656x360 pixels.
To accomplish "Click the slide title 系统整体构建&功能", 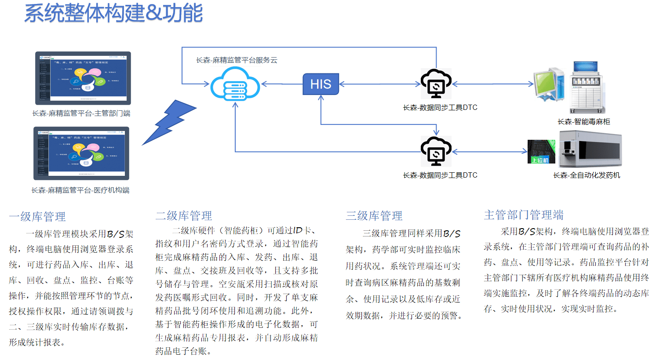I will click(x=113, y=13).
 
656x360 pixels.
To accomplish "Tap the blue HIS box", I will click(x=321, y=84).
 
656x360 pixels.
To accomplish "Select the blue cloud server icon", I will click(x=235, y=85).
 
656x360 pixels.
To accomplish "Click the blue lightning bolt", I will click(x=169, y=122).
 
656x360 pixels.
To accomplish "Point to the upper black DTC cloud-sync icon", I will click(x=435, y=83).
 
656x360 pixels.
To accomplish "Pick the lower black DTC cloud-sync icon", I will click(x=435, y=151).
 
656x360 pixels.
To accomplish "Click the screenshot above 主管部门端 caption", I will click(x=83, y=78).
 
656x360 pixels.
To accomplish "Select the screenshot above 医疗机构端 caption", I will click(x=81, y=153).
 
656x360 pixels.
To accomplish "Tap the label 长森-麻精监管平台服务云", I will click(x=237, y=60).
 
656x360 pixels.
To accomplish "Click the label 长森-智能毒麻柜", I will click(x=583, y=122).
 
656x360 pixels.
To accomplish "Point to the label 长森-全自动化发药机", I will click(x=587, y=175).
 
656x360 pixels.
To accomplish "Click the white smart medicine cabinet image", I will click(x=586, y=88).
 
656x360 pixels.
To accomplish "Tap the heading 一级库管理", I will click(x=37, y=217).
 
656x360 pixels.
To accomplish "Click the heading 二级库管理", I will click(x=184, y=216).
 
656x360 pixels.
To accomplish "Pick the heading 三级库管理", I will click(x=374, y=216).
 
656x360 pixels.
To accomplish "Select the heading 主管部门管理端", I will click(x=524, y=215).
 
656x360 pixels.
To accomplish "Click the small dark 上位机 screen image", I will click(x=541, y=152).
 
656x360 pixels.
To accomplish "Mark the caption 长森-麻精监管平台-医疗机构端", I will click(x=80, y=190).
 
